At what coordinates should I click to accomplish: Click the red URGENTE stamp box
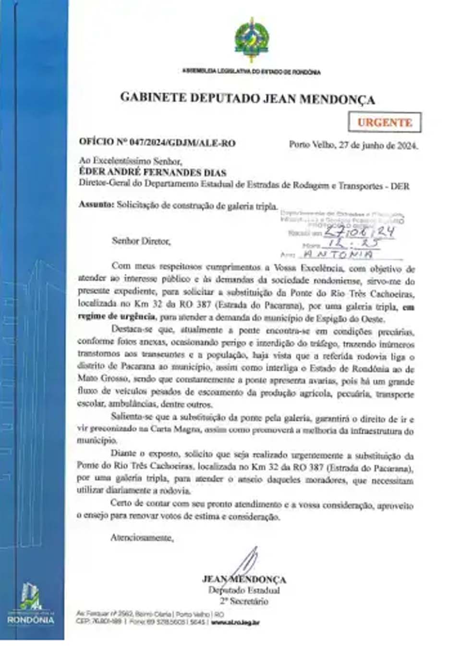pos(385,123)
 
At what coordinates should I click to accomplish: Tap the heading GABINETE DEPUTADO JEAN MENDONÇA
pos(247,98)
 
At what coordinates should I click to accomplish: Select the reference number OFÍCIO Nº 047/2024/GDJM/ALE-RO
pos(157,143)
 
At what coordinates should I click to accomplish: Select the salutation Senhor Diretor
pos(141,241)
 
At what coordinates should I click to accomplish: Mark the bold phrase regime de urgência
pos(116,317)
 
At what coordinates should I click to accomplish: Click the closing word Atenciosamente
pos(142,538)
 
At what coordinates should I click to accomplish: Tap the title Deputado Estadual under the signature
pos(244,590)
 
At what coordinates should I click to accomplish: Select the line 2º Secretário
pos(244,601)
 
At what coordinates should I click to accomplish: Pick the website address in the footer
pos(235,622)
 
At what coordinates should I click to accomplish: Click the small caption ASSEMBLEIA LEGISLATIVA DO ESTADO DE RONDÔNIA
pos(251,72)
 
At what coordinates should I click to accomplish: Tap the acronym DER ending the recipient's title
pos(400,186)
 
